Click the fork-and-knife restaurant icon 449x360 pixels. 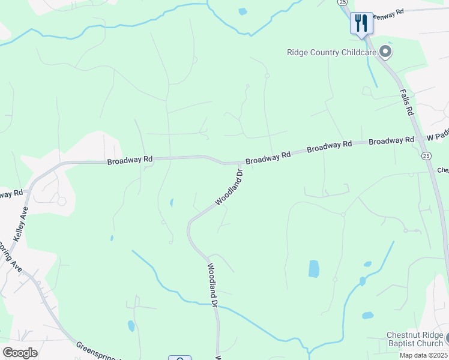[x=361, y=23]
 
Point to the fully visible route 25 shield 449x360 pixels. [x=426, y=156]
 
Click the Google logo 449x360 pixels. [x=20, y=353]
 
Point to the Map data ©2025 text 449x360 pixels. [x=424, y=355]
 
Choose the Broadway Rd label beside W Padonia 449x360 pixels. [x=391, y=141]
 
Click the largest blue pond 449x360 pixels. [x=314, y=269]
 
